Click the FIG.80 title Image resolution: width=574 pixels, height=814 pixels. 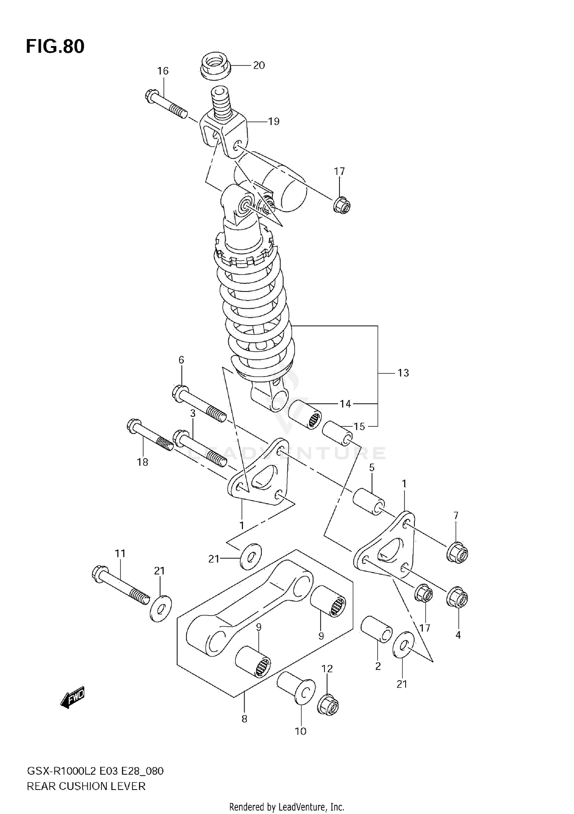point(55,46)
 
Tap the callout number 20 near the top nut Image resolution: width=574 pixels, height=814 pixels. point(259,66)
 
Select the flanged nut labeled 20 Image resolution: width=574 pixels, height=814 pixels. point(216,66)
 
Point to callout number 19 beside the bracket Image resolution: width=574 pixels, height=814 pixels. point(274,122)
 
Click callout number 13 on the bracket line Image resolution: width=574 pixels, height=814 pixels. point(403,373)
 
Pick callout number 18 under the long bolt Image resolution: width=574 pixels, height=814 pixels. point(142,462)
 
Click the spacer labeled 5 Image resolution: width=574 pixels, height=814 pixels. point(369,501)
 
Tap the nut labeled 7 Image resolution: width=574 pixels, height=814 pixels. point(457,552)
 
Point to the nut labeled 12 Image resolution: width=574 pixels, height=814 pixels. point(328,706)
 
